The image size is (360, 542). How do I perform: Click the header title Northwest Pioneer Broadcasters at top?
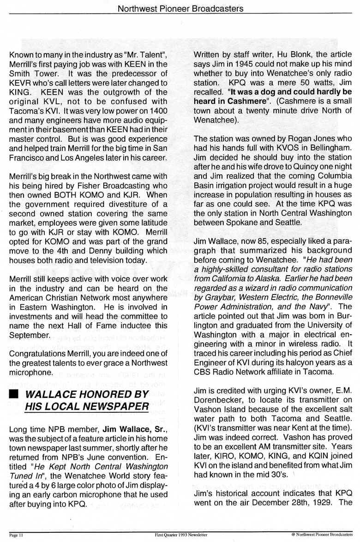(180, 8)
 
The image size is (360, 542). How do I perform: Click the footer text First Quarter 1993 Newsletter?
(180, 536)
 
